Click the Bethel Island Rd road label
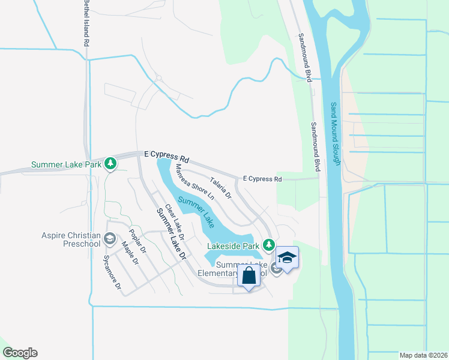point(86,24)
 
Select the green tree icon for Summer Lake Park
point(110,163)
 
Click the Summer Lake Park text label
point(66,164)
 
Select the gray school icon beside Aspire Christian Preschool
point(109,239)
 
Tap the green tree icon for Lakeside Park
point(270,245)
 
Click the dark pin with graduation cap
point(287,258)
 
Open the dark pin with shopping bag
point(249,277)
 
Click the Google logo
point(20,353)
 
